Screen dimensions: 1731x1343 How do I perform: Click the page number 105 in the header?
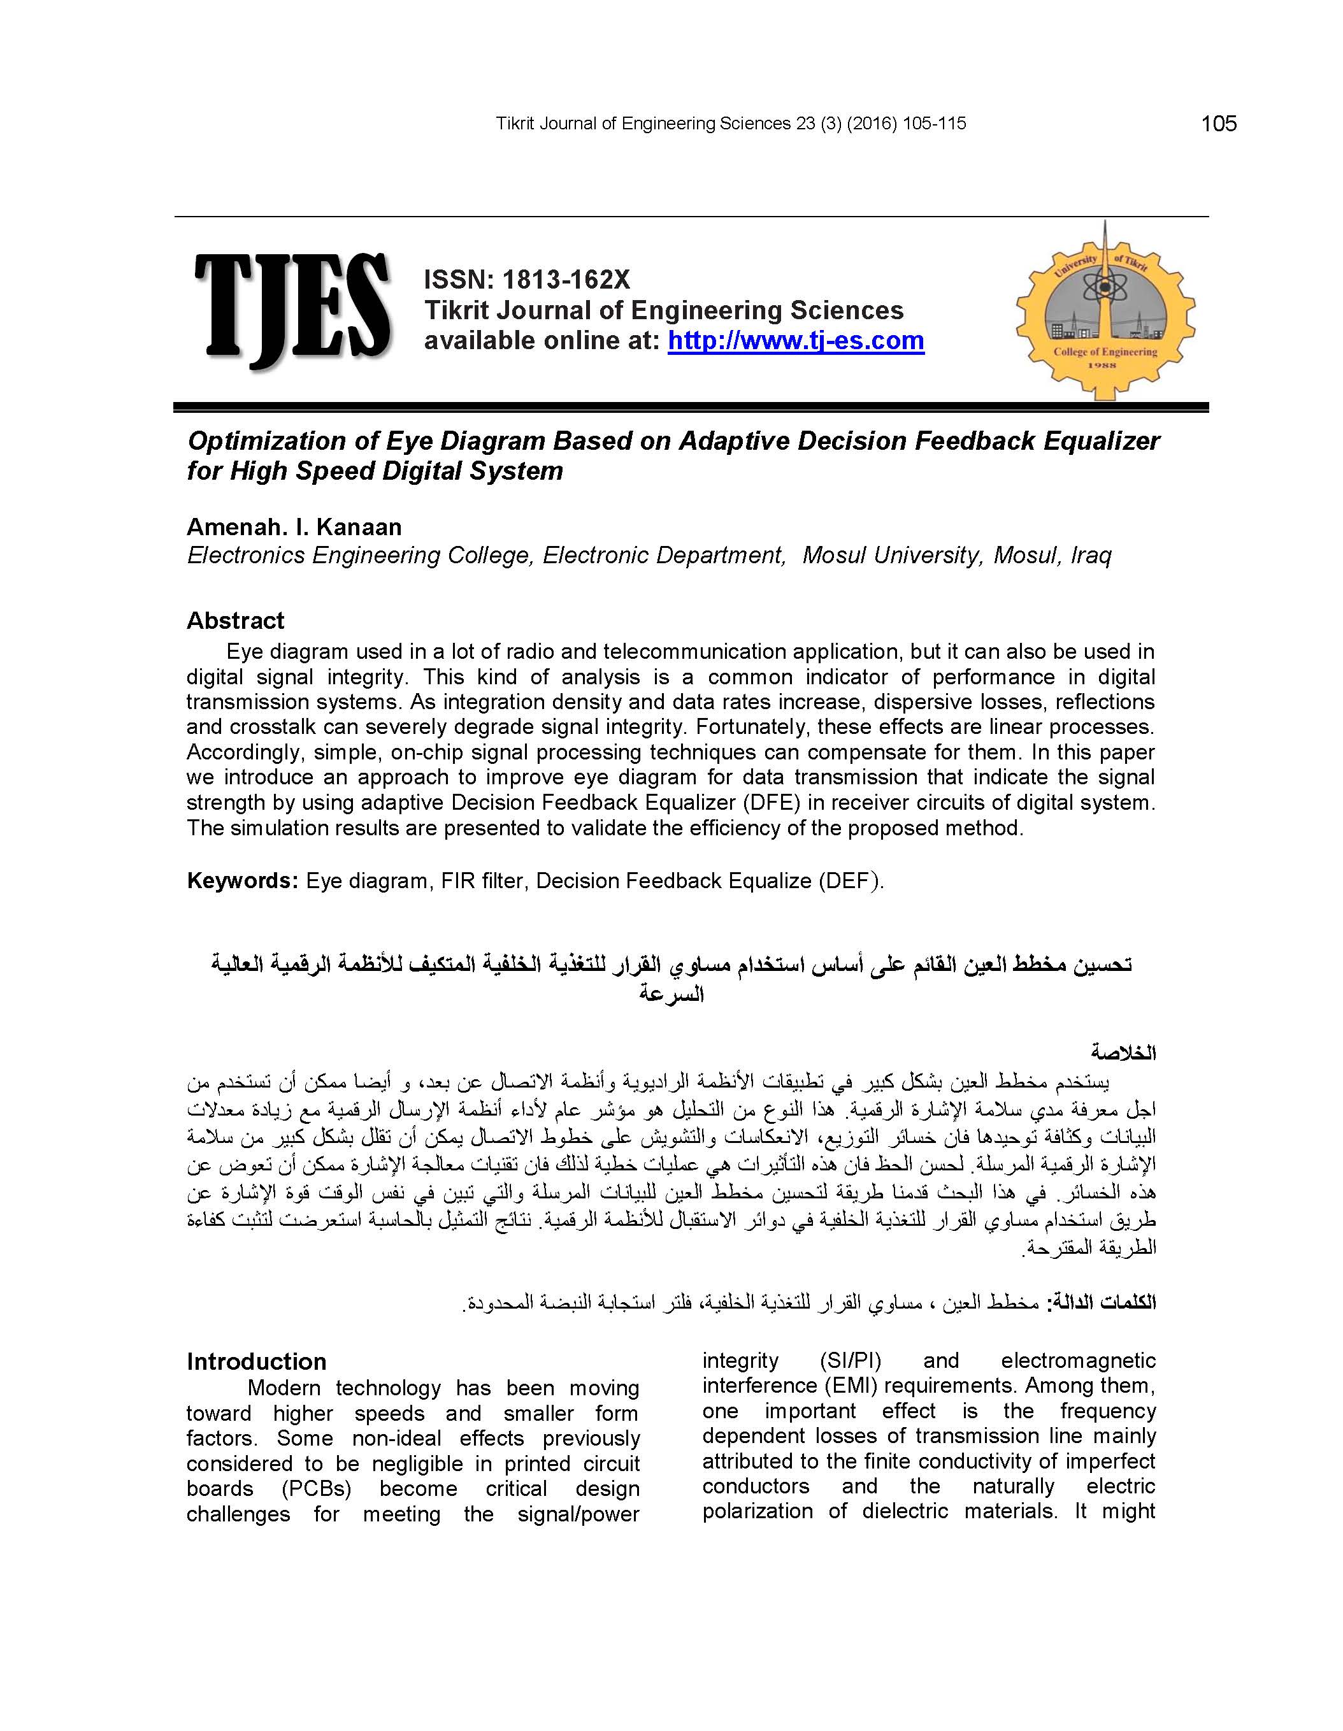tap(1219, 124)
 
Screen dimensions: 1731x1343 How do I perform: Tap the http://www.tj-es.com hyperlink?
tap(795, 341)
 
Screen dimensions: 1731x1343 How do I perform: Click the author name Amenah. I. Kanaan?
tap(294, 527)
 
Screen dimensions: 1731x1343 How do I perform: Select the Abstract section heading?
tap(236, 621)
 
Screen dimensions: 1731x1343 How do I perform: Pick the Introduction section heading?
tap(256, 1361)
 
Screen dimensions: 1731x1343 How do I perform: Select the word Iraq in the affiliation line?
tap(1091, 556)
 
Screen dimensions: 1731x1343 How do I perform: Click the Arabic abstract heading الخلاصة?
tap(1123, 1053)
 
